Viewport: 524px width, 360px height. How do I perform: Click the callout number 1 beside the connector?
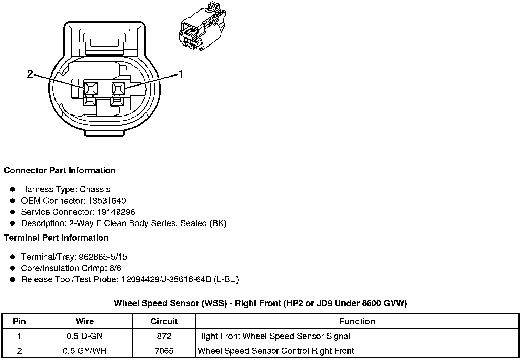[181, 74]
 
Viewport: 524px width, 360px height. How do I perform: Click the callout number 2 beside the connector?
[30, 74]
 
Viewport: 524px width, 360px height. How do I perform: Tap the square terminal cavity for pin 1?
[118, 89]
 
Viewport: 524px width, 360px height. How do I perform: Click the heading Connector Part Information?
[60, 171]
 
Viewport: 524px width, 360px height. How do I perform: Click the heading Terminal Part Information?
[56, 238]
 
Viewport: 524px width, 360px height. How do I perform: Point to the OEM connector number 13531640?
[107, 201]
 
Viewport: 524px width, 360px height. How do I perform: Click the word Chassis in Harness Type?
[95, 189]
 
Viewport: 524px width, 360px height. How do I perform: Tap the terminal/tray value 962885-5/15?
[103, 257]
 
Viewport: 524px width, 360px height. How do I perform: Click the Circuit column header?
[164, 321]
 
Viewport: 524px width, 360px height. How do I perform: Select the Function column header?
[357, 321]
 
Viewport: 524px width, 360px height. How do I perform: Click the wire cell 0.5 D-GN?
[84, 336]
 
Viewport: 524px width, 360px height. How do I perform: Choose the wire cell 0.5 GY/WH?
[84, 351]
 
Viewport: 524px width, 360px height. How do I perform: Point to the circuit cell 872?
[164, 336]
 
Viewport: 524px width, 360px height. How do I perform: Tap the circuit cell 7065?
[164, 351]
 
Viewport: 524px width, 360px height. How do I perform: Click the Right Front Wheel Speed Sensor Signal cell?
[274, 336]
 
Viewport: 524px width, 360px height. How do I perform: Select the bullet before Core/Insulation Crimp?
[13, 268]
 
